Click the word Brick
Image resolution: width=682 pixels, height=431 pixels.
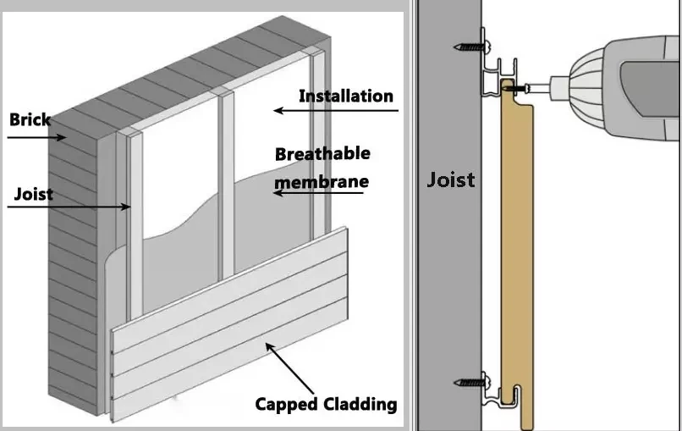(x=30, y=119)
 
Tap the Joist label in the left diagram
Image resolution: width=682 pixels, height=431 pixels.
(x=34, y=194)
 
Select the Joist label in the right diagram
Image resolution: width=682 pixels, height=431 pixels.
(x=451, y=180)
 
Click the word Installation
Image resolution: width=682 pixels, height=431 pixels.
(x=346, y=97)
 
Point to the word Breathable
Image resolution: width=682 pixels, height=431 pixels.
(x=322, y=153)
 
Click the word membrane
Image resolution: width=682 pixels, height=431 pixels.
(x=322, y=181)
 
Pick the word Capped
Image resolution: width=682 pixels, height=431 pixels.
(x=287, y=405)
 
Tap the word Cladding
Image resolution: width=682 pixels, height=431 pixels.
(x=360, y=404)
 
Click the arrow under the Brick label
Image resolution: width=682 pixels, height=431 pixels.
(x=37, y=137)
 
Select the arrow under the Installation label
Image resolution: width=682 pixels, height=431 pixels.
(x=336, y=111)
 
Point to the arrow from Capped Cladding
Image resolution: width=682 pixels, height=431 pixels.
(x=289, y=368)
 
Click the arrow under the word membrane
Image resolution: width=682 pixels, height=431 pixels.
(x=318, y=192)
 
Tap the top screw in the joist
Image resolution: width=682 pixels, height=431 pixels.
(x=472, y=46)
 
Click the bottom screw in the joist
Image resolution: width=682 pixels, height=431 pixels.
(x=472, y=383)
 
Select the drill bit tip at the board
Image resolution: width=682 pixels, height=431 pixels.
(x=507, y=88)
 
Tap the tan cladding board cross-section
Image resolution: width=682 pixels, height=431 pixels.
(x=516, y=252)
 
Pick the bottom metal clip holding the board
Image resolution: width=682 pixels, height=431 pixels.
(x=500, y=394)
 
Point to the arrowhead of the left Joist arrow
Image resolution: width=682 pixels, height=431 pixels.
(x=126, y=207)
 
